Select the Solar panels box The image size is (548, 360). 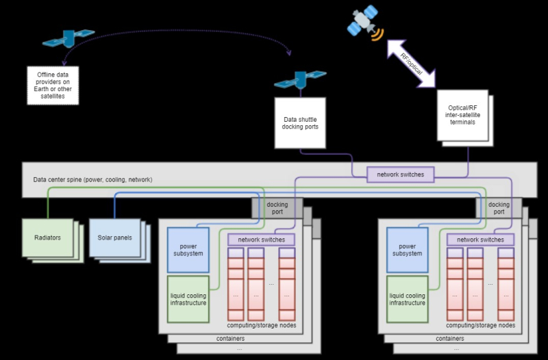click(114, 237)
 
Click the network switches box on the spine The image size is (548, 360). click(401, 175)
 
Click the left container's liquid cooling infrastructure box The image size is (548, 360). click(188, 298)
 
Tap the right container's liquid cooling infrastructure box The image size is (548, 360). click(407, 298)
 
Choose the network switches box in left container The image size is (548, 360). click(261, 240)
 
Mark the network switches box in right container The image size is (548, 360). click(480, 240)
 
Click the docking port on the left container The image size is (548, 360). click(277, 208)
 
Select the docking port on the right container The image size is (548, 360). click(499, 208)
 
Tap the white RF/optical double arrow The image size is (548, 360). click(411, 62)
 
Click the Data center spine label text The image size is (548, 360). click(92, 180)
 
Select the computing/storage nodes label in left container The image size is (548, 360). click(262, 325)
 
